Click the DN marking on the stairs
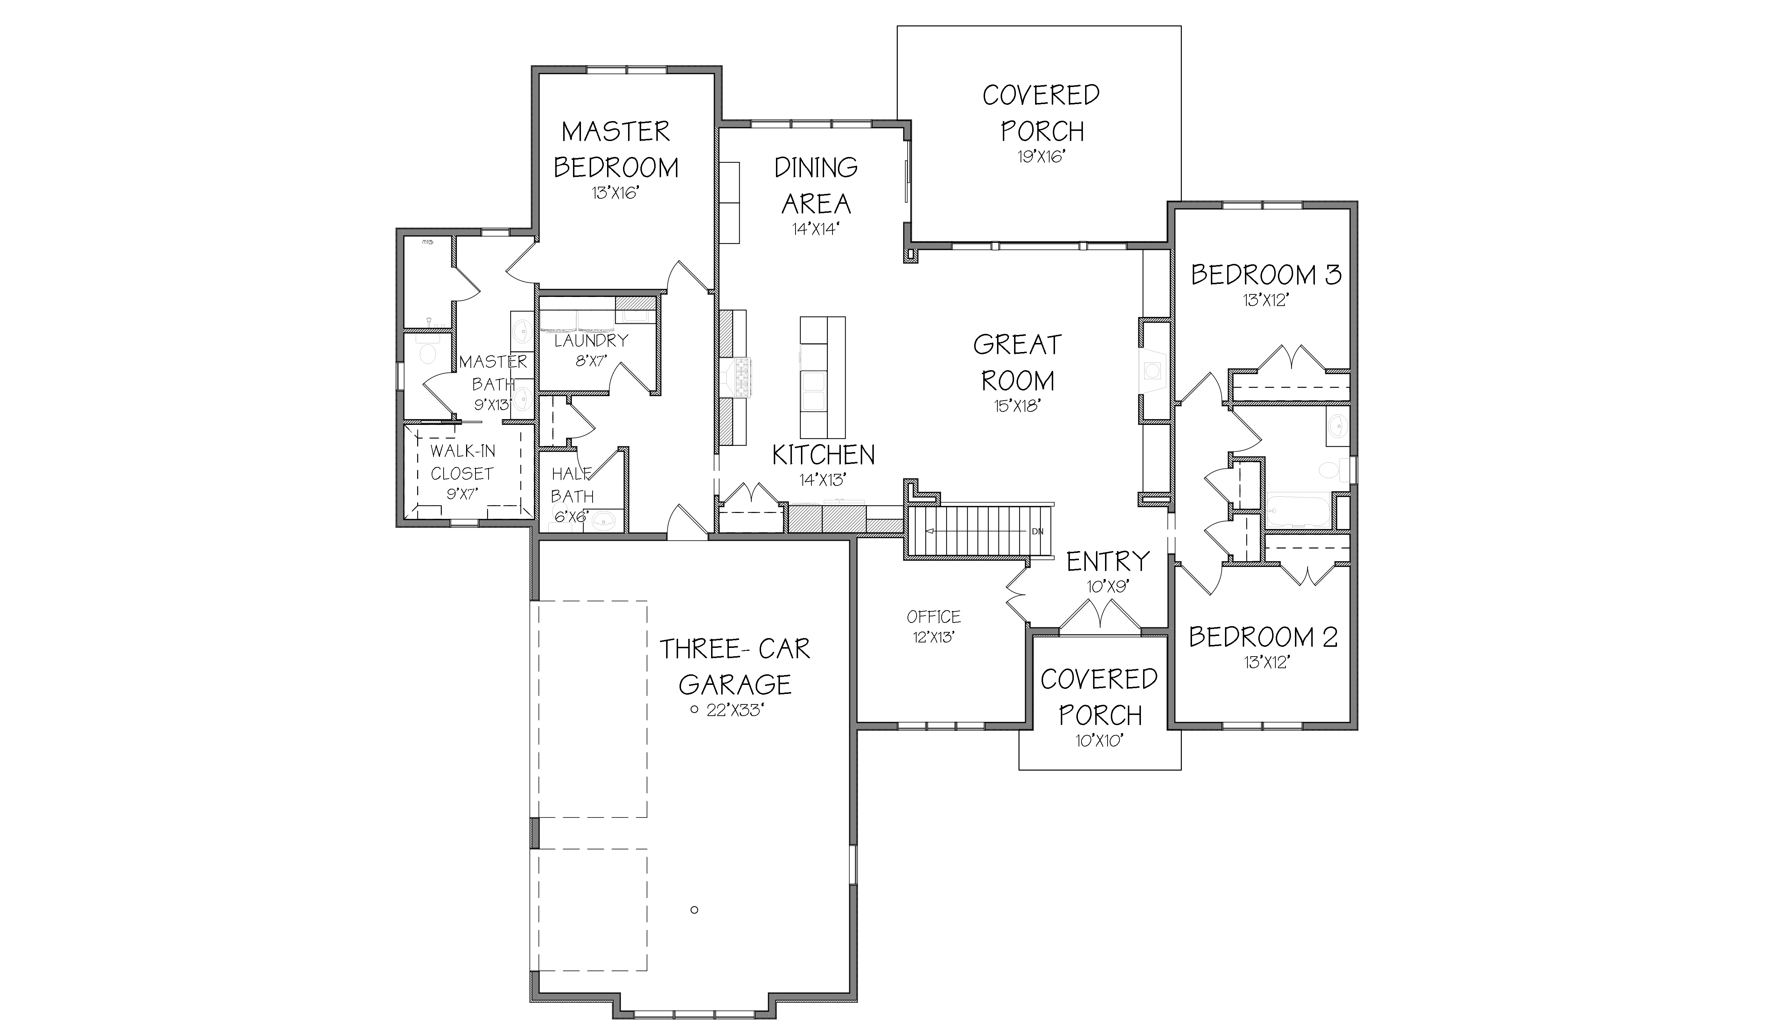1037,532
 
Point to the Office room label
934,617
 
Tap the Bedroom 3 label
1266,274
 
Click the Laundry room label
591,341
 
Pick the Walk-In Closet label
462,462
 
